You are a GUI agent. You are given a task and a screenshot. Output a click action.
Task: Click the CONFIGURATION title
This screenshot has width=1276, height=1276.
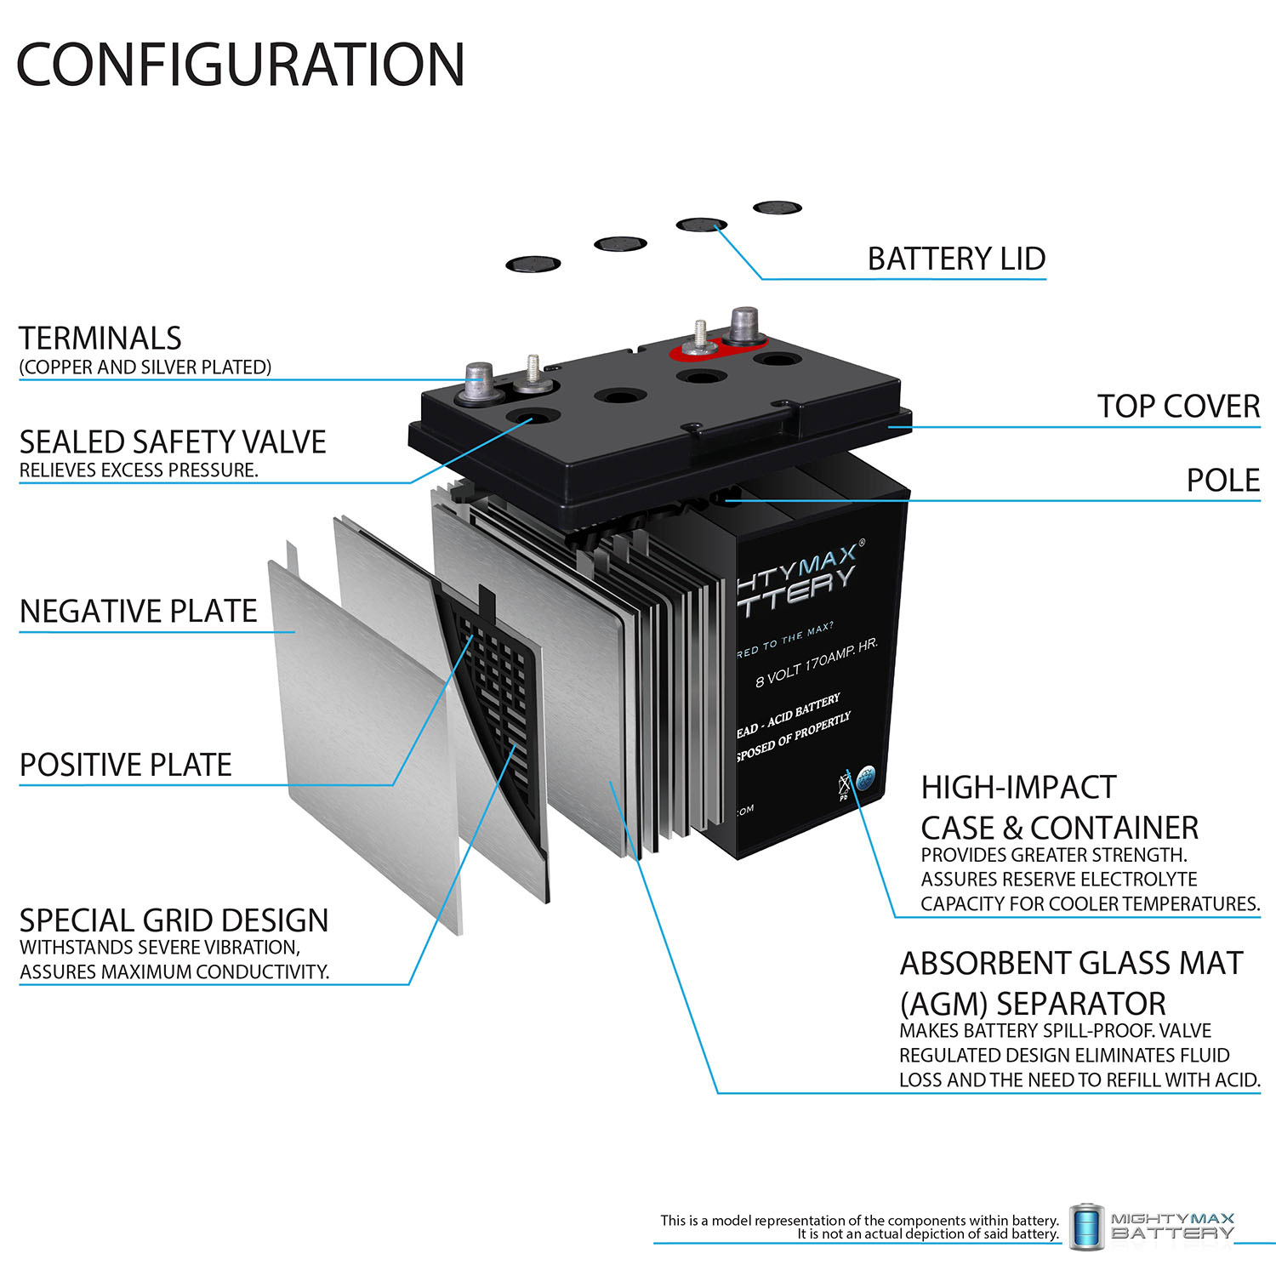(x=241, y=65)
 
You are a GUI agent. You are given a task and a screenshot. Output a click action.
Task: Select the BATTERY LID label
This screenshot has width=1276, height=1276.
(x=956, y=259)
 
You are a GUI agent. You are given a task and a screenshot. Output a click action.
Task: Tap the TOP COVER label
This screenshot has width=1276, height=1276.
(x=1177, y=407)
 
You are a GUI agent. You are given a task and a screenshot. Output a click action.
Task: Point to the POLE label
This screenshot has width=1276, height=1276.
(x=1222, y=481)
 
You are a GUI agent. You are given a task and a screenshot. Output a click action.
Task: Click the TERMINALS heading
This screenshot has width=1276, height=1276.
(x=100, y=339)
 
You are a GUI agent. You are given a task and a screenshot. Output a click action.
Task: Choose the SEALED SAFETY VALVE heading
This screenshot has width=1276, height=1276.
(x=173, y=442)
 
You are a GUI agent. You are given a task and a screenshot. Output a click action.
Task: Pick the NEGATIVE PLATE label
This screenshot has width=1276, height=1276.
(x=138, y=612)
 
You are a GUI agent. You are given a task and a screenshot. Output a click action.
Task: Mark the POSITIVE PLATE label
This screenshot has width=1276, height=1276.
(x=126, y=765)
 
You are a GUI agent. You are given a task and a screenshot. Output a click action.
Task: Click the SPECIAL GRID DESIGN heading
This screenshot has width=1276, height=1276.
(x=174, y=920)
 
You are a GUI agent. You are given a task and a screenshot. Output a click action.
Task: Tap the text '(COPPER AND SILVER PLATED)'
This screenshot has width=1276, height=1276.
(x=145, y=367)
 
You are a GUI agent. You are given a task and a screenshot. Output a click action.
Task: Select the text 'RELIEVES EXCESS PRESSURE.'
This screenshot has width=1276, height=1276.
(x=139, y=470)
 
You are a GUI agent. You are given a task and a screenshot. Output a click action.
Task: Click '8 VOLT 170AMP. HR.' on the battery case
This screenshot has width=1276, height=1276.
(x=816, y=662)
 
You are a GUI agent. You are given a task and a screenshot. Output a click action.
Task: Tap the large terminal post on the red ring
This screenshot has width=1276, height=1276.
(x=744, y=326)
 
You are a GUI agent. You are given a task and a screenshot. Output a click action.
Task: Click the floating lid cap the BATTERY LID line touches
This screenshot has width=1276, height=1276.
(x=701, y=225)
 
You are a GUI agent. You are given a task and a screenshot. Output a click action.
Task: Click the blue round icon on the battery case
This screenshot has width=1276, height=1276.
(x=865, y=778)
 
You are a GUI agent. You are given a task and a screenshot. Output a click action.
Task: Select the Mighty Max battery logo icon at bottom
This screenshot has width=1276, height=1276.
(x=1087, y=1227)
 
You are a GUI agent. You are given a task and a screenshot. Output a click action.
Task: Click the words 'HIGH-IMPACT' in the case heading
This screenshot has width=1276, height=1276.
(x=1018, y=788)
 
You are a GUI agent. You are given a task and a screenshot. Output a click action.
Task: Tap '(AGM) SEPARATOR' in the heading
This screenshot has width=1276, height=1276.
(x=1033, y=1004)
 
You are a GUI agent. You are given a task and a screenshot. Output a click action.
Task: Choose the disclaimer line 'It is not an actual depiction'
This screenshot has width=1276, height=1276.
(x=927, y=1234)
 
